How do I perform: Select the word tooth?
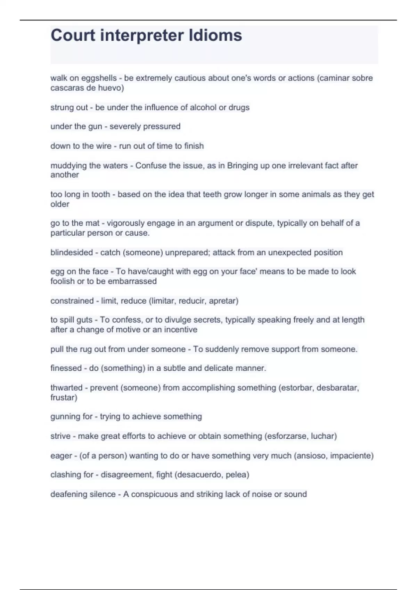100,194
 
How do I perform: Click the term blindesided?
72,252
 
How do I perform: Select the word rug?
85,349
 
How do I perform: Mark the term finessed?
66,368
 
